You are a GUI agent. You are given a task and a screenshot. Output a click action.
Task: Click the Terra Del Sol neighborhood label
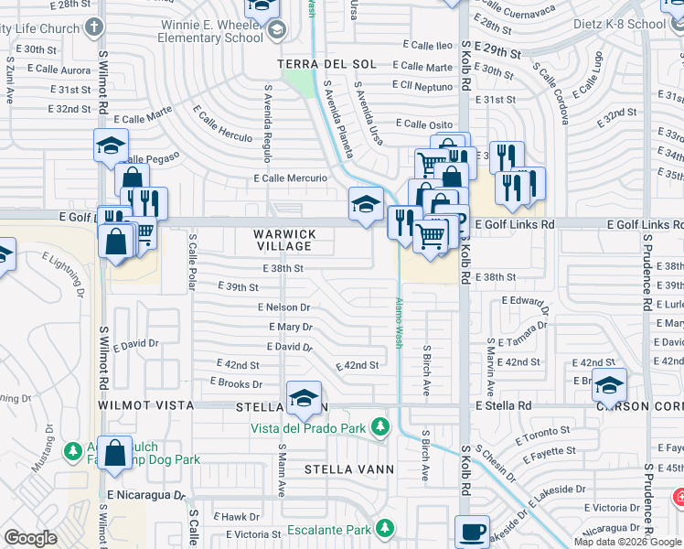[x=326, y=64]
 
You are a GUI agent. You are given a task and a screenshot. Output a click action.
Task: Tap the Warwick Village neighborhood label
[x=285, y=241]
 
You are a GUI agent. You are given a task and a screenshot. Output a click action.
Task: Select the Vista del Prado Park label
[x=309, y=427]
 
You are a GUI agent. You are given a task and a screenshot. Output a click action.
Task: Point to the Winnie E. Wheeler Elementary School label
[x=211, y=30]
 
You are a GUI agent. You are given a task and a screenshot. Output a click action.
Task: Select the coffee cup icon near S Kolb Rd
[x=472, y=533]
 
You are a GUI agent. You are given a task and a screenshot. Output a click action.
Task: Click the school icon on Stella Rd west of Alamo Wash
[x=304, y=397]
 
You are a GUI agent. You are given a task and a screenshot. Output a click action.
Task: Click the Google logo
[x=31, y=538]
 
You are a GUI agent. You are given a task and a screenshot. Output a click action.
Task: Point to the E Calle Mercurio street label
[x=291, y=178]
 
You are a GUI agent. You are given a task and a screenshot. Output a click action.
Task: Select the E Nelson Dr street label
[x=283, y=307]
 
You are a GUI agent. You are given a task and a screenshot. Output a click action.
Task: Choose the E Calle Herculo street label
[x=222, y=122]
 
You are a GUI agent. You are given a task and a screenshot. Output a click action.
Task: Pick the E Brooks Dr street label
[x=236, y=382]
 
